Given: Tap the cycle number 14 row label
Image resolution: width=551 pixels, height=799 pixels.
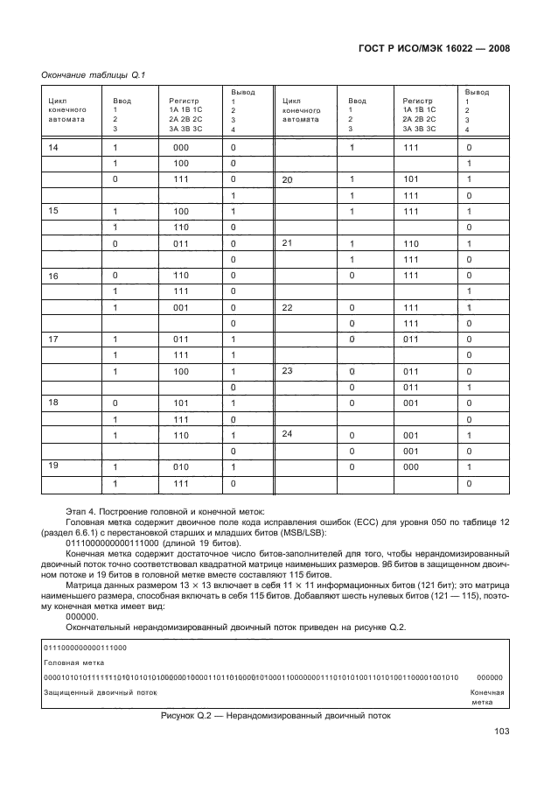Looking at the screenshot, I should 54,148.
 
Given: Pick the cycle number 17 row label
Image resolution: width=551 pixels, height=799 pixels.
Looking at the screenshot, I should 54,339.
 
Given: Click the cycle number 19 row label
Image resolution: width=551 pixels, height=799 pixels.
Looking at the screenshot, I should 54,466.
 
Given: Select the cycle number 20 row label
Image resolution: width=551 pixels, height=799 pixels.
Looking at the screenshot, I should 286,179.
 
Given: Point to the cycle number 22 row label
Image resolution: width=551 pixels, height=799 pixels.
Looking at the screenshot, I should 286,307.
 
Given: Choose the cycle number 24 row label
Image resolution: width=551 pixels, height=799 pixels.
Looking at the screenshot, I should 286,434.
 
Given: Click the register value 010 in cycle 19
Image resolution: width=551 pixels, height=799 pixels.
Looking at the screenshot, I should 181,466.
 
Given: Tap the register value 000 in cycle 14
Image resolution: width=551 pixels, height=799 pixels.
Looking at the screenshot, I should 181,148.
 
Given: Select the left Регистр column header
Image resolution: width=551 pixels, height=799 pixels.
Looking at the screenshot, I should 185,101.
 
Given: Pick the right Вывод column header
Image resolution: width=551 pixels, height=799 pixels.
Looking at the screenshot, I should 476,92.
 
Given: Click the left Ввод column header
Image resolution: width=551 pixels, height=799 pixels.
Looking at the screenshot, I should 122,101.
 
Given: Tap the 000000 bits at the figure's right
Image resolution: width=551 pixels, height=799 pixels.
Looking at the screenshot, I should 490,677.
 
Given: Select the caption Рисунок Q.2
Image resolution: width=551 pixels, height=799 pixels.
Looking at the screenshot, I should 275,716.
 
